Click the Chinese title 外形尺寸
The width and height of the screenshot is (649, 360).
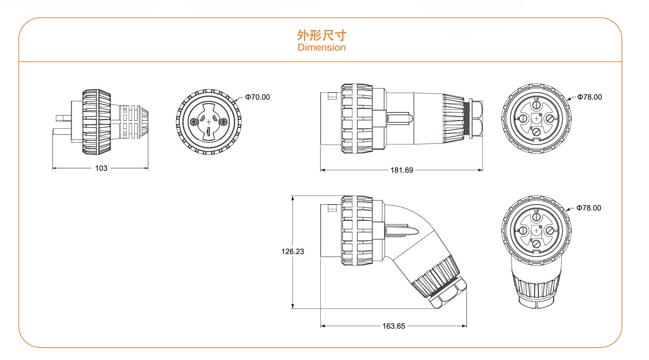pos(322,35)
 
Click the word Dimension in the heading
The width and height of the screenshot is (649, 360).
pos(322,47)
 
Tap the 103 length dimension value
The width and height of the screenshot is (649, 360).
pos(101,168)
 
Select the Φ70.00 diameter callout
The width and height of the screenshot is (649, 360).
pos(257,97)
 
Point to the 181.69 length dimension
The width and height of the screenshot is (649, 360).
pos(401,170)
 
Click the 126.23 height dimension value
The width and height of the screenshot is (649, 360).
pos(293,252)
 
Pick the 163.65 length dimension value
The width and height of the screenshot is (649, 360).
pos(394,326)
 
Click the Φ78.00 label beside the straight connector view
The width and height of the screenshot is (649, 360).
pos(590,97)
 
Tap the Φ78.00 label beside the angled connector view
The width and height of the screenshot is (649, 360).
pos(589,208)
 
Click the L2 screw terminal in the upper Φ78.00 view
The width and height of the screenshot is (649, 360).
pos(537,105)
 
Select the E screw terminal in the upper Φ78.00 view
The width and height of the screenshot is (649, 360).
pos(537,132)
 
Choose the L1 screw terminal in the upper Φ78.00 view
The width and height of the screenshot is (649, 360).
pos(550,118)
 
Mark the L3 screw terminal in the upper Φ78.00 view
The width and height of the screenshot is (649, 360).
pos(523,118)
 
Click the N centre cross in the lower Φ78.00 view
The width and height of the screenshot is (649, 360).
pos(536,230)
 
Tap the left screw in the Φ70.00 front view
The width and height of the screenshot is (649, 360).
pos(195,122)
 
